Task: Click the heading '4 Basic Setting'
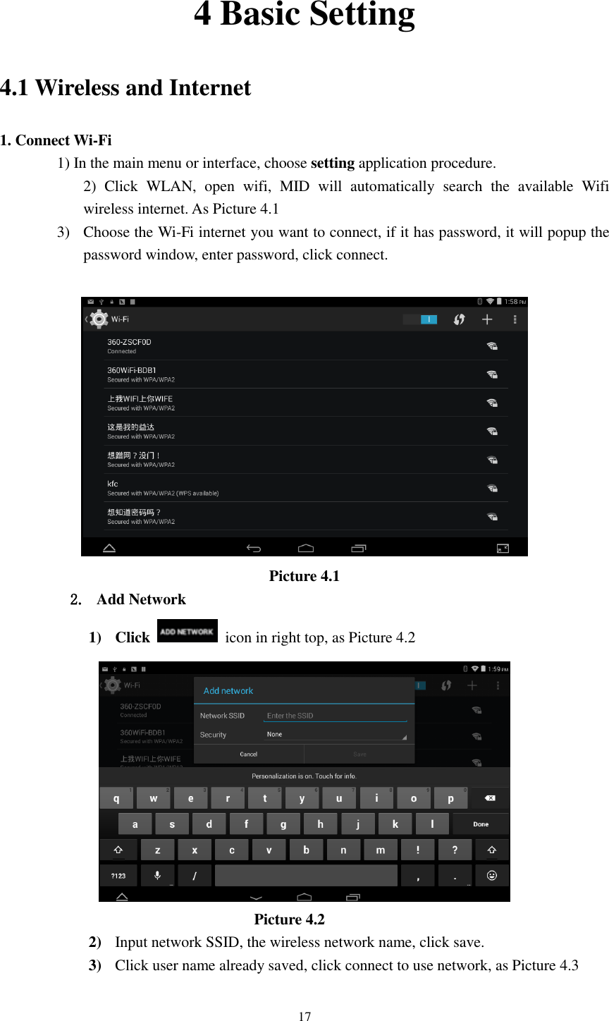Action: point(304,16)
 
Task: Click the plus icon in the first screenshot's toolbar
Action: point(487,319)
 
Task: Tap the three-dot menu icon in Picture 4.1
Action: point(516,319)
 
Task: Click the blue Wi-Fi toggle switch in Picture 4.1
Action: point(421,319)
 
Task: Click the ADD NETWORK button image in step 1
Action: point(187,631)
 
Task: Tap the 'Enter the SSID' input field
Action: point(335,715)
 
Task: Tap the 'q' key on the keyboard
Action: point(116,798)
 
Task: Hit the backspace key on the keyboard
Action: point(490,798)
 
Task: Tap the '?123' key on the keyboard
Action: point(118,875)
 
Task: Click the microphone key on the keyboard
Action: point(156,875)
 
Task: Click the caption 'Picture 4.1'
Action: point(304,576)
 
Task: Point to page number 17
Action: point(304,1016)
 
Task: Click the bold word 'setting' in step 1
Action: point(333,164)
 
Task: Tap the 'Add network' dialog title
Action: point(228,691)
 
